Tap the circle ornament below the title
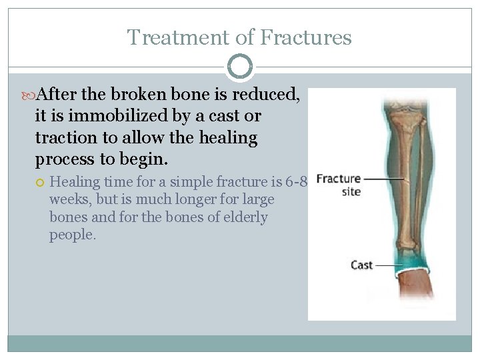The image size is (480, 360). click(x=240, y=67)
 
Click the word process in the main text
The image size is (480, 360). click(x=65, y=159)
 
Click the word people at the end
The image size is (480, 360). click(x=73, y=235)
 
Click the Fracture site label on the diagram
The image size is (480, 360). click(x=339, y=185)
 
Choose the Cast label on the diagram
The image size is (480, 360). click(x=361, y=265)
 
